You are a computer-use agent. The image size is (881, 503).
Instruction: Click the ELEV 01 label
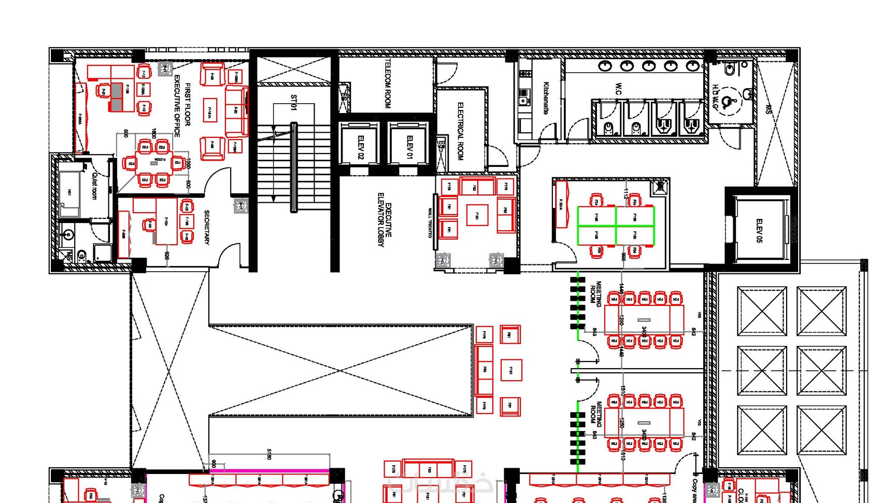pos(410,147)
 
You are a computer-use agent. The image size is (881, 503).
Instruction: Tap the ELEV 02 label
pos(361,147)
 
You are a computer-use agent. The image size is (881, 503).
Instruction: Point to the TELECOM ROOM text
pos(388,83)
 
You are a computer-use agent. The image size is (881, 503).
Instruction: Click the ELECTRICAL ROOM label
pos(460,131)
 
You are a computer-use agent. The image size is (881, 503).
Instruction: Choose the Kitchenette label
pos(546,97)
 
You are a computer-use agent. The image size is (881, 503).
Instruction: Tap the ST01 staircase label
pos(294,102)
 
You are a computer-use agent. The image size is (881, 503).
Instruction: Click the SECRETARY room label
pos(207,227)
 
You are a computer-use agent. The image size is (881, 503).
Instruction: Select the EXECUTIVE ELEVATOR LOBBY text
pos(385,220)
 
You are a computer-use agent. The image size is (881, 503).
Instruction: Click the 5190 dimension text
pos(269,454)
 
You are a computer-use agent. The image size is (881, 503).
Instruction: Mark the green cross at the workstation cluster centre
pos(616,226)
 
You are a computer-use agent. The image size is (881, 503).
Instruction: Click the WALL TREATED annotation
pos(430,223)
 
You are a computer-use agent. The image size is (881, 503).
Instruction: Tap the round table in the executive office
pos(154,163)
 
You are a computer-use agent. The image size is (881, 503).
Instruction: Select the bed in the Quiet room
pos(69,192)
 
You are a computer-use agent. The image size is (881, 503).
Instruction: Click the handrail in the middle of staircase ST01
pos(294,167)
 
